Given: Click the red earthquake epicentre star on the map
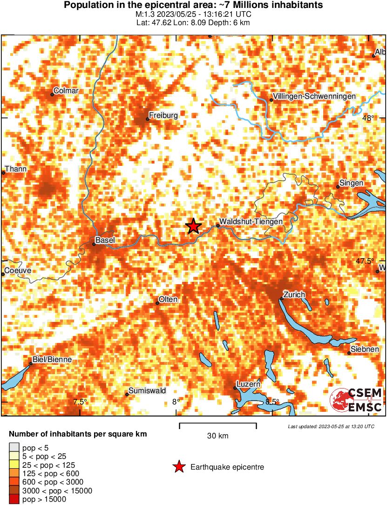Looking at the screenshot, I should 193,226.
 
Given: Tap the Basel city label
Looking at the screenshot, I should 105,240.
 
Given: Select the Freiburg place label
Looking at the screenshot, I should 163,115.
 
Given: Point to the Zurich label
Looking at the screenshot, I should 294,294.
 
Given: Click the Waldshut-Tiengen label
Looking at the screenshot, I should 251,222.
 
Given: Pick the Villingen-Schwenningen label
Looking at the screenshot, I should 315,96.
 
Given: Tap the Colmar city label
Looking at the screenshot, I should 66,90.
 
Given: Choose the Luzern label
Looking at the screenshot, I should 248,384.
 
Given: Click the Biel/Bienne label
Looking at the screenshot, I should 52,359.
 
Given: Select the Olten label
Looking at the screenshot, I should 168,299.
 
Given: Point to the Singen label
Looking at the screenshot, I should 352,183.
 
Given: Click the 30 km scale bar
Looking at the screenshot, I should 217,424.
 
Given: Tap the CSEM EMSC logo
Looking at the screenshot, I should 356,400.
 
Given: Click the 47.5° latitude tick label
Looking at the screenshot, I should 365,261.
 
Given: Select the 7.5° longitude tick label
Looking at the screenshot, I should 80,402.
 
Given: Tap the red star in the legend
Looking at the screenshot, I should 178,467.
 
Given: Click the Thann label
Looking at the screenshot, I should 16,169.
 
